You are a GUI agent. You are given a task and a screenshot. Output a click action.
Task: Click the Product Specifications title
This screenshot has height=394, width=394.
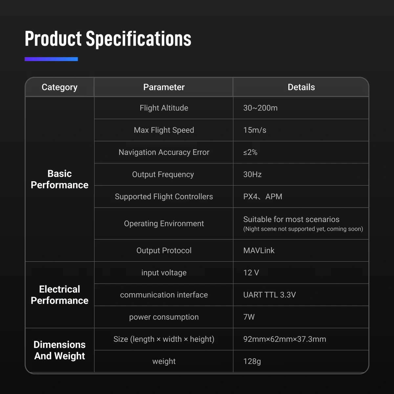[108, 39]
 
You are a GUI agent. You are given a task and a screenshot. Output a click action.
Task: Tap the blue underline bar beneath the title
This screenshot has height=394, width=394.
[51, 59]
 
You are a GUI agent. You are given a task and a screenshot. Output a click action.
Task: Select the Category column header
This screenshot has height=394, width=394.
[59, 87]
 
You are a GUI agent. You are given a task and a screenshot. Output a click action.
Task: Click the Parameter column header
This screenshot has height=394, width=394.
[164, 87]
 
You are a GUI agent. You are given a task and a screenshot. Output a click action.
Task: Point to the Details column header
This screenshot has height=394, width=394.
[301, 87]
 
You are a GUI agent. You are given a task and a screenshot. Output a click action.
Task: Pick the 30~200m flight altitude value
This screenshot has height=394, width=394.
[260, 108]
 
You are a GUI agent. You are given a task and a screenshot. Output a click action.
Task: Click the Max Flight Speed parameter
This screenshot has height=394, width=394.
[164, 130]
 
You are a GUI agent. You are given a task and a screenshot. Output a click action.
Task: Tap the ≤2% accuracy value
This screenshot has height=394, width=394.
[250, 152]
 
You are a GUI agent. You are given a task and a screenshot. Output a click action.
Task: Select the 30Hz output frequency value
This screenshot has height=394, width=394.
[252, 174]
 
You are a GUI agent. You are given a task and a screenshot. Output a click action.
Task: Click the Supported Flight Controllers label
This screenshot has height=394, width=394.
[164, 197]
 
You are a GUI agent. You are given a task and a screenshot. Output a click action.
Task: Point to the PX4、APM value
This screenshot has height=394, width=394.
[263, 197]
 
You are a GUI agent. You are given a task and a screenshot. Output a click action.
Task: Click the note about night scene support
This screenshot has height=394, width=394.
[303, 229]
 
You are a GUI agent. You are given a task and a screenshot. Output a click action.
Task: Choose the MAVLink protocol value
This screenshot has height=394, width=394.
[259, 251]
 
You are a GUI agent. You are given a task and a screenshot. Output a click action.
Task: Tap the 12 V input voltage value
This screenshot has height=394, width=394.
[251, 273]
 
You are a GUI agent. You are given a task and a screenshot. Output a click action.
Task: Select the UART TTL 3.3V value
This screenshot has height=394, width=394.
[270, 295]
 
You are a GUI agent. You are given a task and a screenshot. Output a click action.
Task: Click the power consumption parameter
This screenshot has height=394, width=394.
[164, 317]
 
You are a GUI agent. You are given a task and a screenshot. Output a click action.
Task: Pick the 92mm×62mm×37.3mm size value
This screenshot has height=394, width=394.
[285, 339]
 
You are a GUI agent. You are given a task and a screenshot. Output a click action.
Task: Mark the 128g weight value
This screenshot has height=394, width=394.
[252, 361]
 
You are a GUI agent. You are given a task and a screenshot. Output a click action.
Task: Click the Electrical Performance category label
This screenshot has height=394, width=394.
[59, 295]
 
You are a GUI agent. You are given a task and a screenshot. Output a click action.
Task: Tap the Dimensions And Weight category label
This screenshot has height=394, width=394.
[59, 350]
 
